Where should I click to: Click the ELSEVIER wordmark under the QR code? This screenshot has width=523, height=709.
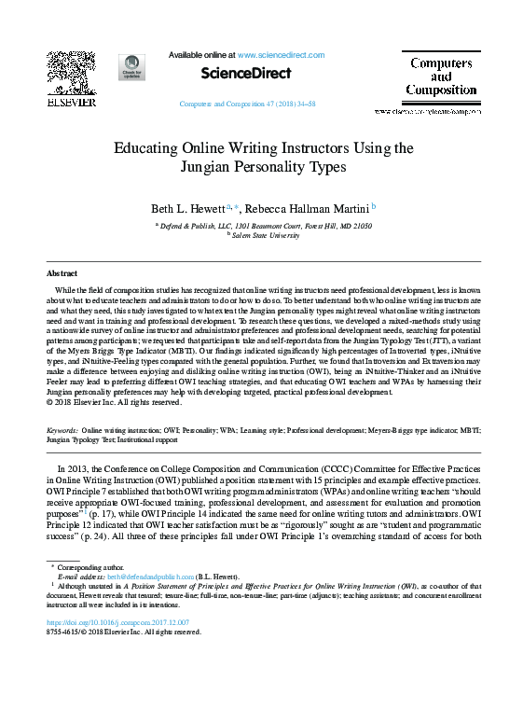click(71, 102)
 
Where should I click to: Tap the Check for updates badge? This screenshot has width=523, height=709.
click(131, 67)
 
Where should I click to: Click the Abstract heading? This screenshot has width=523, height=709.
click(62, 274)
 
